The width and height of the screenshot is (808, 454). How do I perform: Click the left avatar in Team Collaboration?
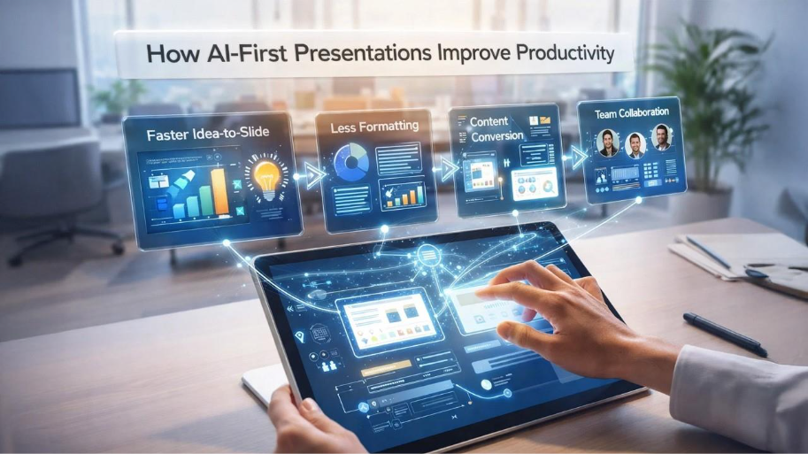click(607, 143)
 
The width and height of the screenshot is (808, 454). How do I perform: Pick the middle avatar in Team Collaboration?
click(635, 143)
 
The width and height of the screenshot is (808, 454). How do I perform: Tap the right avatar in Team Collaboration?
click(661, 137)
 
